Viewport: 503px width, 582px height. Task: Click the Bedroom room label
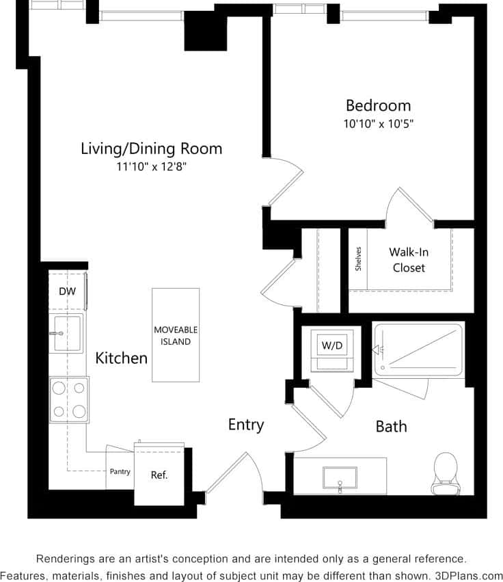378,105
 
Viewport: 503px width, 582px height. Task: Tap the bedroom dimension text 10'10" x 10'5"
378,124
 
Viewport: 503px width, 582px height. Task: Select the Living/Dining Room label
151,148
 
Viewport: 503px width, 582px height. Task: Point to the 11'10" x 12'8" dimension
151,166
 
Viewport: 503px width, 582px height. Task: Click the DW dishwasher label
67,291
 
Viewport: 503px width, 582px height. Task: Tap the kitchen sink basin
68,333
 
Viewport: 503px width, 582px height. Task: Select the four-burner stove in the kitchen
69,399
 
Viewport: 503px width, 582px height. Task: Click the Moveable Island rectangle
176,335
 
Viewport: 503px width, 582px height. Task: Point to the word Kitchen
121,358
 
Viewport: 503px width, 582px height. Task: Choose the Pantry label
120,472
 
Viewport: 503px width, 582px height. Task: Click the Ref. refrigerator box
159,475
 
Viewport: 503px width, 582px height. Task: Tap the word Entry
246,425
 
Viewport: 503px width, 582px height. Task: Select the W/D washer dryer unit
332,347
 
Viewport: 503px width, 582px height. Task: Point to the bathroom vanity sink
340,477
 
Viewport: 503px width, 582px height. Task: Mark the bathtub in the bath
419,349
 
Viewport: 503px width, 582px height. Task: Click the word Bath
392,427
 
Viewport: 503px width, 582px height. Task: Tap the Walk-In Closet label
409,259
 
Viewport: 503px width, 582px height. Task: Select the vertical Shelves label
358,259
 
